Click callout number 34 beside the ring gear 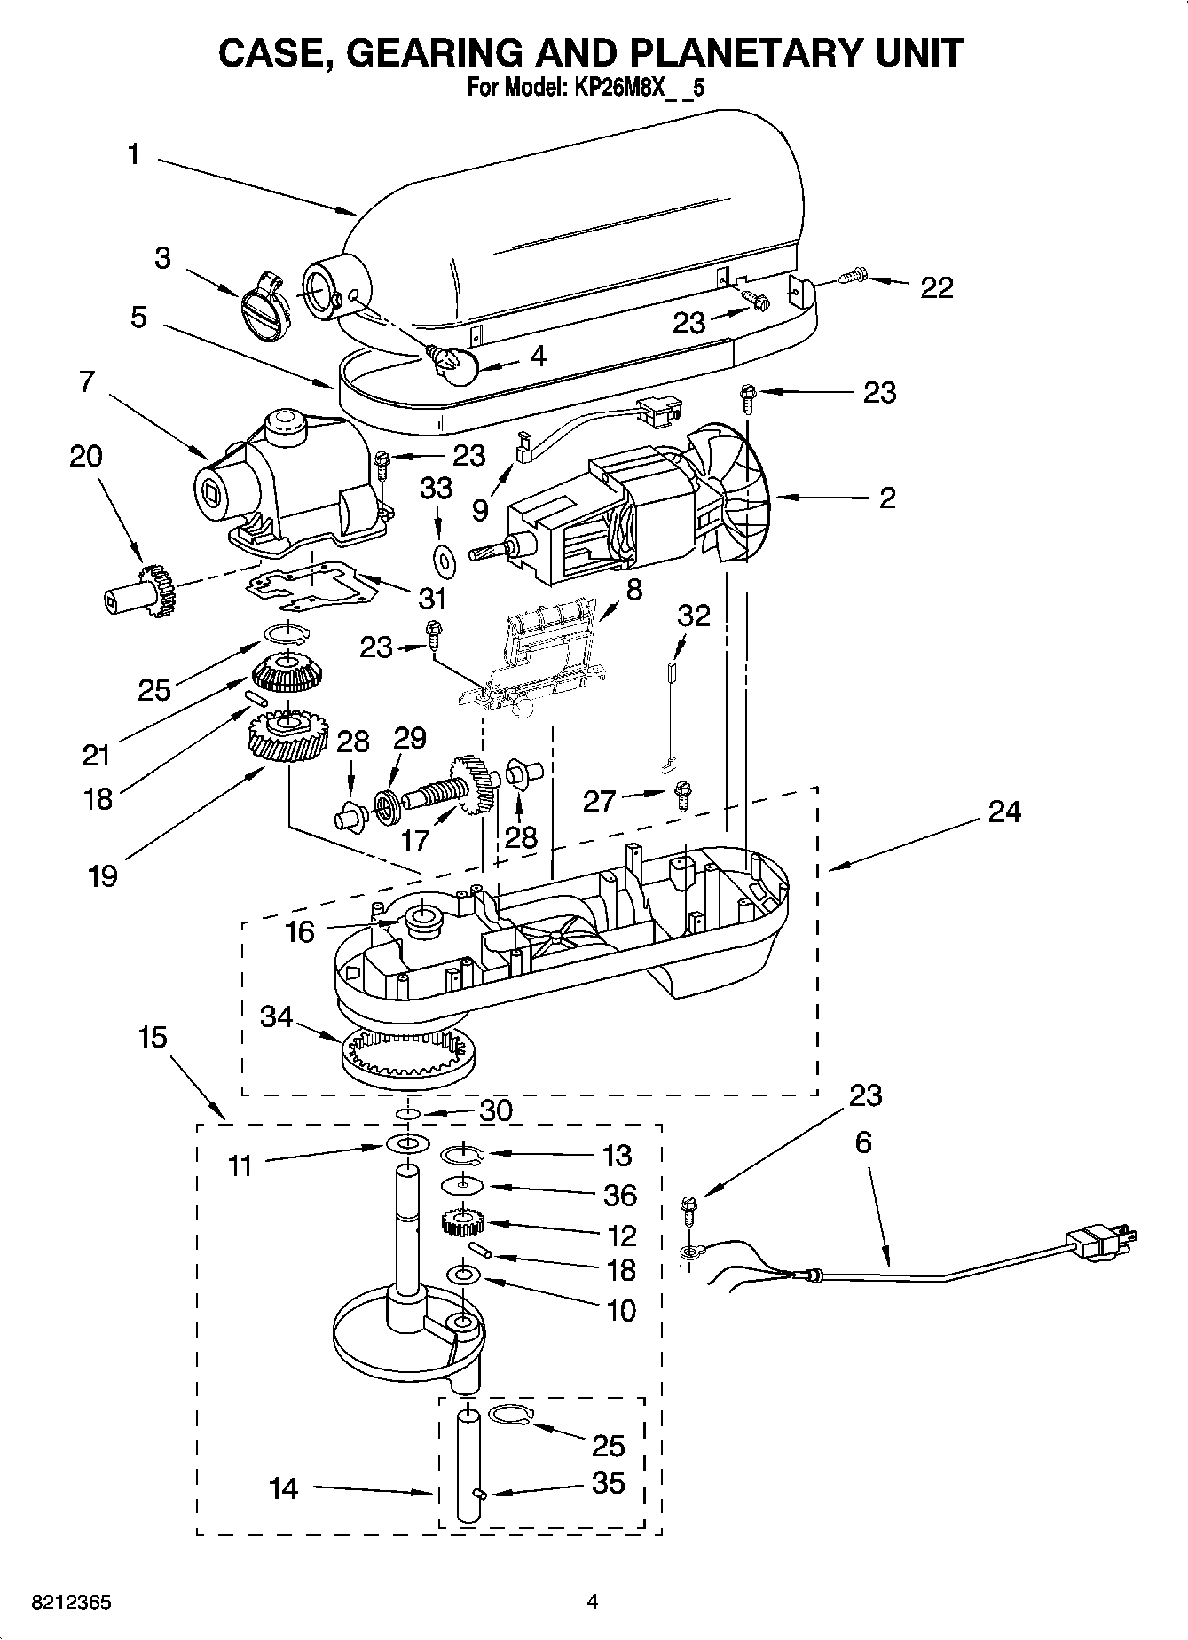pos(276,1016)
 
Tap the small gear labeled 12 pos(461,1224)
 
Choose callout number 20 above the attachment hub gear pos(86,456)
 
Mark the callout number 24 pos(1004,811)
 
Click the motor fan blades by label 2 pos(736,497)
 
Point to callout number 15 pos(153,1036)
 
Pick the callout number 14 pos(284,1487)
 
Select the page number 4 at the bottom pos(593,1602)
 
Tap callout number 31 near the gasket pos(432,599)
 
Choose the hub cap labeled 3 pos(260,307)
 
